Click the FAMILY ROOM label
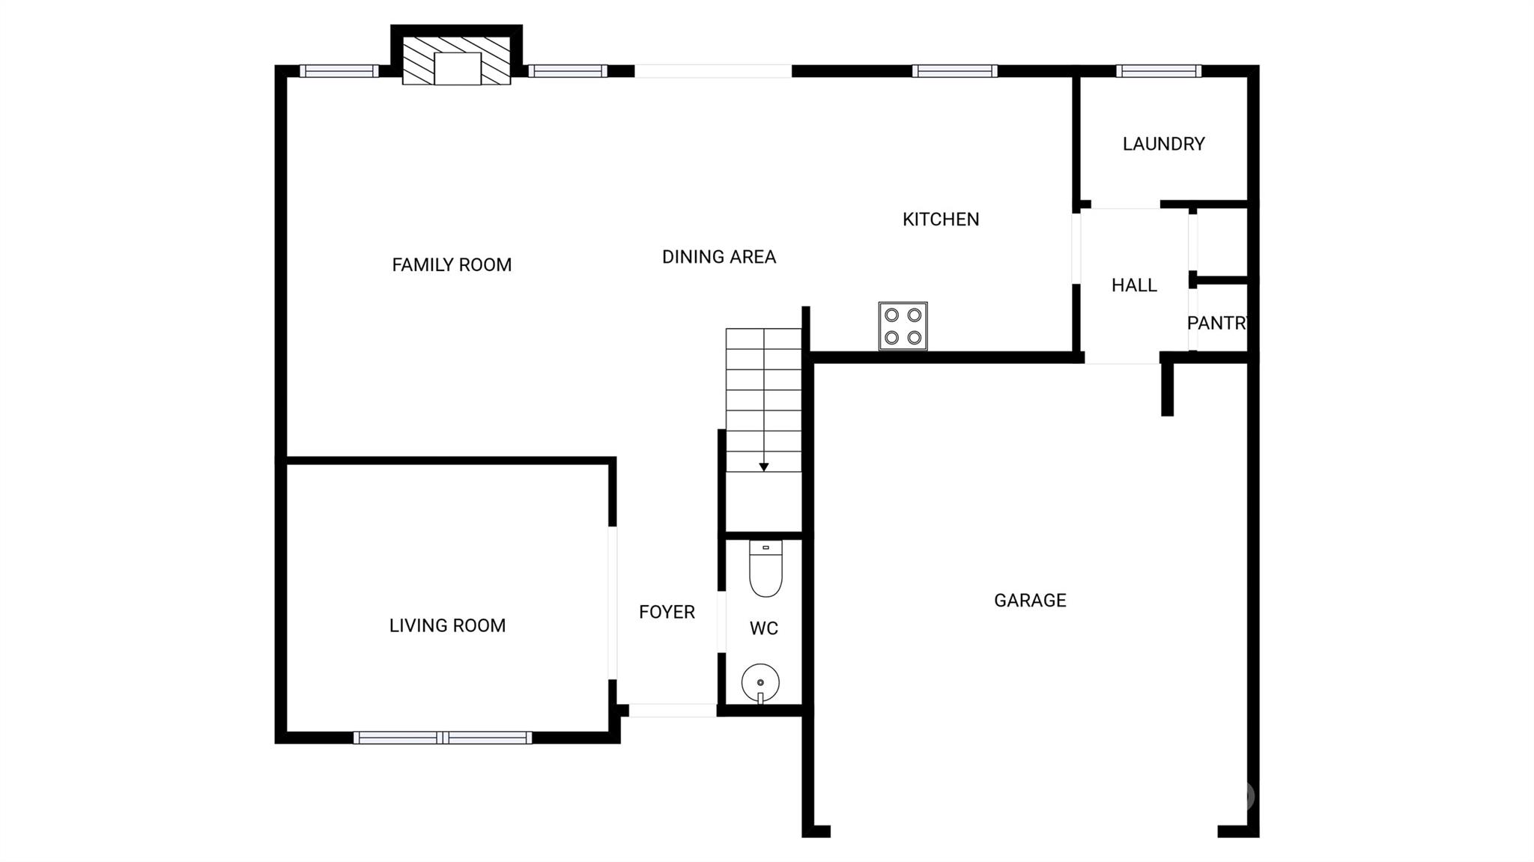[x=452, y=264]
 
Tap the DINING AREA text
[x=719, y=257]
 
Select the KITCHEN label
[x=941, y=219]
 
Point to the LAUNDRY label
[x=1163, y=144]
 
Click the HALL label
[x=1134, y=285]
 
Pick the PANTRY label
[x=1217, y=323]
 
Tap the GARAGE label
[x=1030, y=601]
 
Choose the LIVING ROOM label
[x=447, y=625]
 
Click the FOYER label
[x=667, y=613]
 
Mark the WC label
[x=764, y=628]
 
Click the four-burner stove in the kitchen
[x=903, y=326]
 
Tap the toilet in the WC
[x=766, y=568]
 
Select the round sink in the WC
[x=760, y=683]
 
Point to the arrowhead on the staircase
[x=763, y=467]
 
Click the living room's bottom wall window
[x=443, y=738]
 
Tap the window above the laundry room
[x=1159, y=71]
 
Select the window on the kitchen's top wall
[x=955, y=71]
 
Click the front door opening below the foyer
[x=673, y=711]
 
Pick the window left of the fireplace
[x=339, y=71]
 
